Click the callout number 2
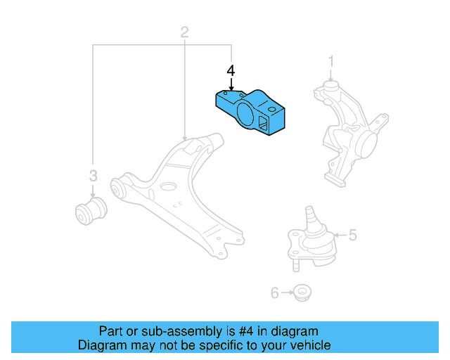pos(184,32)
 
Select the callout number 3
pos(92,176)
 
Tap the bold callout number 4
pos(231,71)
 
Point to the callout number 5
pos(352,235)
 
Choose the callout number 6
pos(275,291)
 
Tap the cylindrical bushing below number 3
pos(90,211)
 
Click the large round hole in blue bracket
pos(244,115)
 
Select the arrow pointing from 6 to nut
pos(287,291)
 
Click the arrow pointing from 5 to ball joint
pos(339,235)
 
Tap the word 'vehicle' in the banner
pos(309,345)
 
